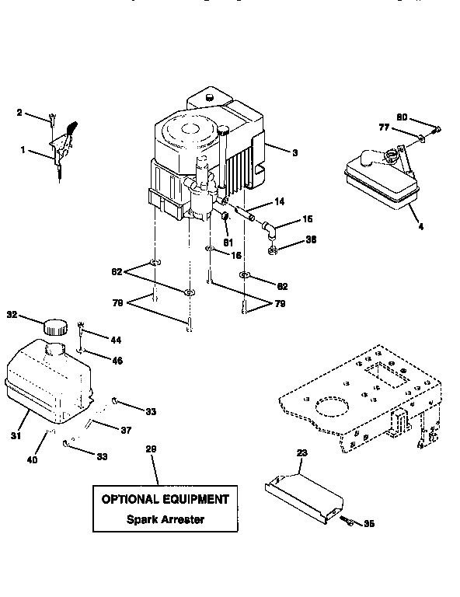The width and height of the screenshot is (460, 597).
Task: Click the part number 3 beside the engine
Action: point(294,153)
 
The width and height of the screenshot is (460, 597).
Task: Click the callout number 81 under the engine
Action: point(228,242)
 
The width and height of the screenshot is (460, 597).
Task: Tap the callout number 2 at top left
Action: point(19,113)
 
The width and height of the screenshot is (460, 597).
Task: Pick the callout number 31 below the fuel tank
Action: point(14,436)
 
